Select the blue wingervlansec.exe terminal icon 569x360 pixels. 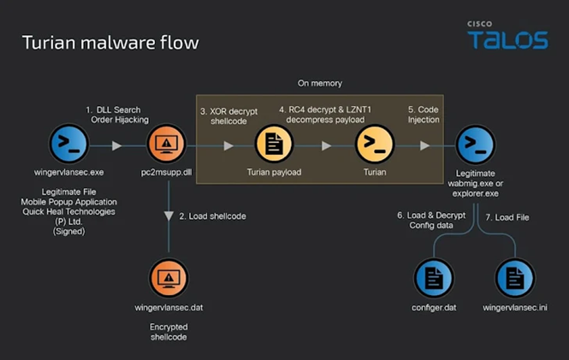coord(69,145)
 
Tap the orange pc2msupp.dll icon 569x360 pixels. coord(169,145)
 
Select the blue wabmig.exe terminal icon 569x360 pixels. coord(476,145)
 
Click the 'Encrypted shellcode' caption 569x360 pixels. coord(169,332)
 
